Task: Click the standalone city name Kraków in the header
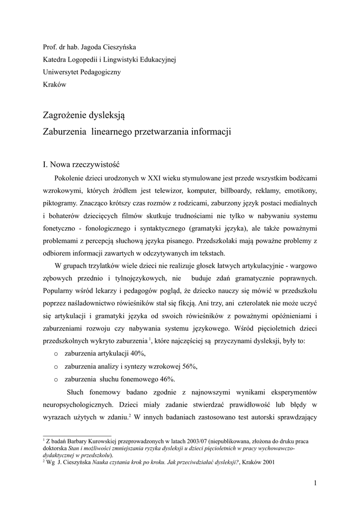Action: pyautogui.click(x=55, y=85)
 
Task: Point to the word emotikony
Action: pyautogui.click(x=300, y=191)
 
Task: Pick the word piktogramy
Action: pyautogui.click(x=61, y=203)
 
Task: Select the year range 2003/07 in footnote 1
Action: pyautogui.click(x=182, y=441)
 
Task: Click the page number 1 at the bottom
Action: pyautogui.click(x=315, y=483)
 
